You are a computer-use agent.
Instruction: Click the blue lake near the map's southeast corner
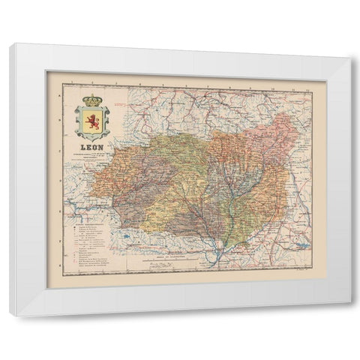click(x=303, y=244)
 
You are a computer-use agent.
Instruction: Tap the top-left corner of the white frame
click(x=12, y=46)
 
